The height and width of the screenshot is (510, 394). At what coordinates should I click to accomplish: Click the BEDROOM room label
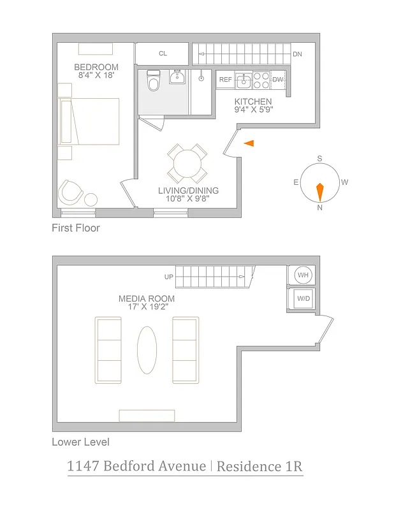[96, 68]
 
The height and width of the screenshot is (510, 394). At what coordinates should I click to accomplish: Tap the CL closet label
[163, 54]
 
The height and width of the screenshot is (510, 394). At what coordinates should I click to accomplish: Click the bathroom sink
[177, 78]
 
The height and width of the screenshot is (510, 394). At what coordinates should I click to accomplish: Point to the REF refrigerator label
[226, 80]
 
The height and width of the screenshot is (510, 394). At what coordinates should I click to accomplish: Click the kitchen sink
[243, 81]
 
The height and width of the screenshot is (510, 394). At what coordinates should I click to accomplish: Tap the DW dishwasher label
[277, 80]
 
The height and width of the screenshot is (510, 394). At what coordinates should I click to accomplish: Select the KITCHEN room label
[253, 102]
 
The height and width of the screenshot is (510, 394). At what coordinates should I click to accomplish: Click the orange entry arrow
[249, 144]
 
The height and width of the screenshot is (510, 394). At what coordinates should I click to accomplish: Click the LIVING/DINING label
[188, 191]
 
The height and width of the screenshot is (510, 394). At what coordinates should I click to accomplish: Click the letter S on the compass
[320, 159]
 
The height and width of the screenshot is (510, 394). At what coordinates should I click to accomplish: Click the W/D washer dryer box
[302, 299]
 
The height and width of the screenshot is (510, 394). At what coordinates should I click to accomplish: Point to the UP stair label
[169, 277]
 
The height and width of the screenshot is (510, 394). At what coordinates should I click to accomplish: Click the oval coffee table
[147, 350]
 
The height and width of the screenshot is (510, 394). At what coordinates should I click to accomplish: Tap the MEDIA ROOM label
[147, 298]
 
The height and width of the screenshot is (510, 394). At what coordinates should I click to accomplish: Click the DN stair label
[297, 54]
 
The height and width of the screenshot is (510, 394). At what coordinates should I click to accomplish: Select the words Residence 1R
[259, 466]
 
